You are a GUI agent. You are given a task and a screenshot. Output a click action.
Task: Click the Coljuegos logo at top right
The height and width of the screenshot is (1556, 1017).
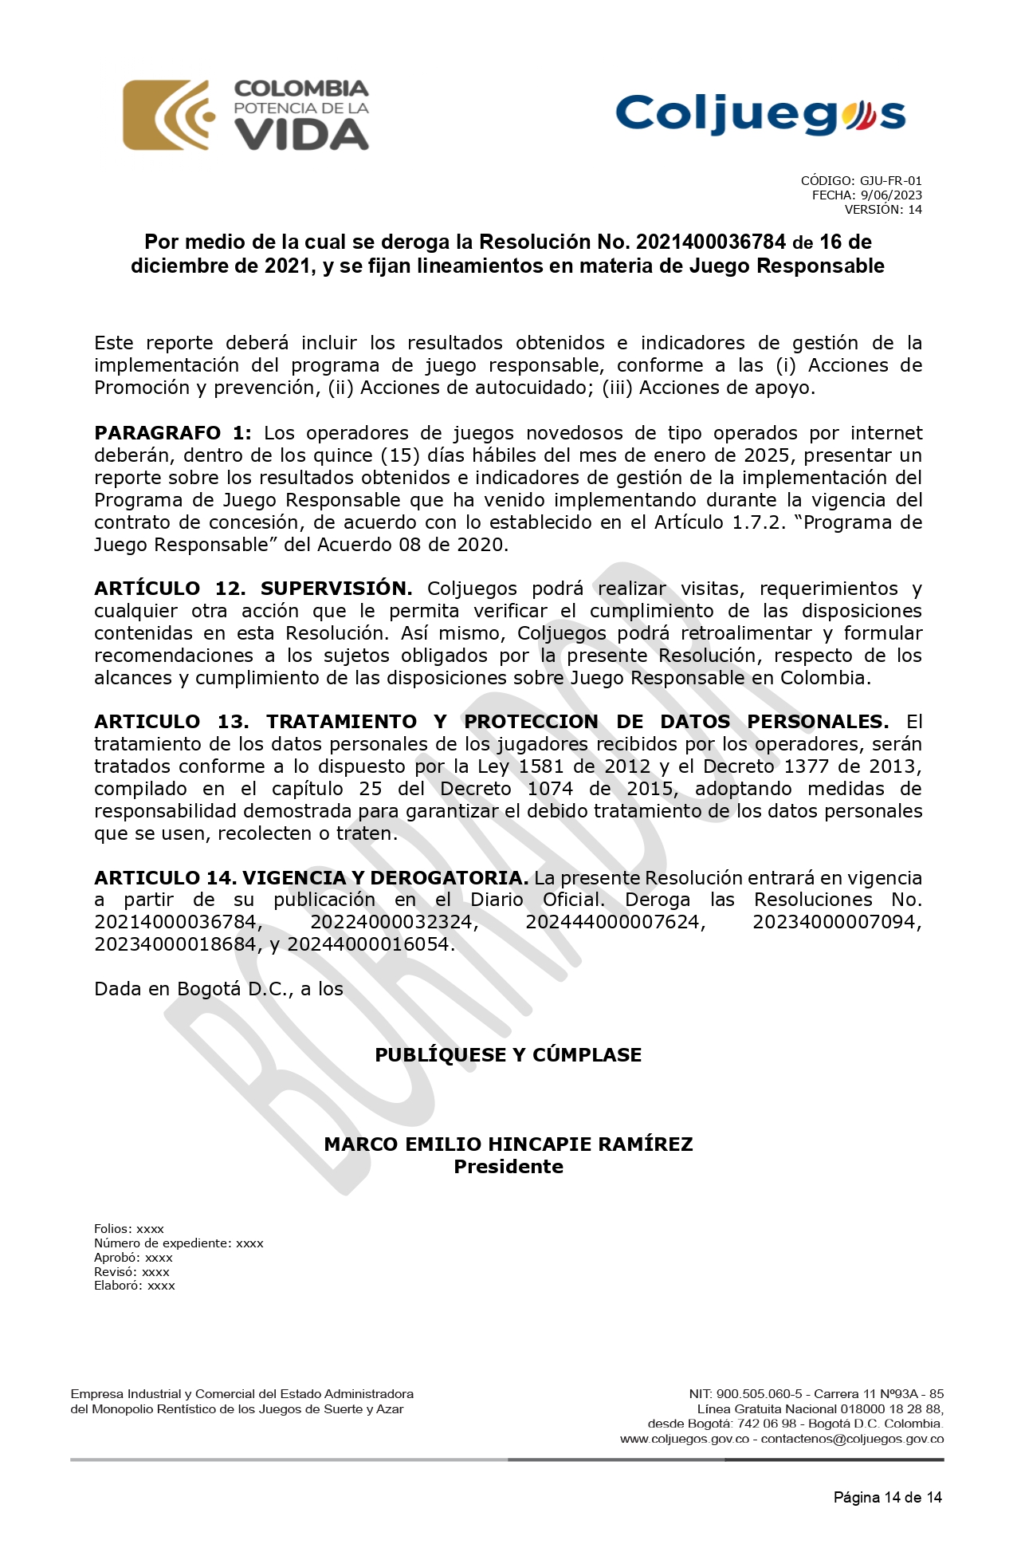click(x=760, y=115)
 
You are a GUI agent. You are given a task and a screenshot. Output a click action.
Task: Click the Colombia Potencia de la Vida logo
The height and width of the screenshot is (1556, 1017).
click(x=245, y=116)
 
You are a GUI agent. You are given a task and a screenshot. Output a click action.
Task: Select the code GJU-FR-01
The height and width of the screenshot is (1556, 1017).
click(x=890, y=181)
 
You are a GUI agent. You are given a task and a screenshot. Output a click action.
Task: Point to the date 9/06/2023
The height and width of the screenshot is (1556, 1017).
click(x=891, y=195)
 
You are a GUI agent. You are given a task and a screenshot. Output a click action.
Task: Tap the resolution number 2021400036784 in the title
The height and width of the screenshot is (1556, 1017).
click(x=711, y=242)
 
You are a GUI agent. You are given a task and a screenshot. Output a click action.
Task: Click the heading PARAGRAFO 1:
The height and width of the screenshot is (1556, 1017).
click(x=172, y=433)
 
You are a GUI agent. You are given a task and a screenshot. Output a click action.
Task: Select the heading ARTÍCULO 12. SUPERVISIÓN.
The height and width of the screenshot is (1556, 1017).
click(x=253, y=589)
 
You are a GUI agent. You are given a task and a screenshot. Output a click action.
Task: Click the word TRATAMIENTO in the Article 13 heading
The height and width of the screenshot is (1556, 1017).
click(x=341, y=722)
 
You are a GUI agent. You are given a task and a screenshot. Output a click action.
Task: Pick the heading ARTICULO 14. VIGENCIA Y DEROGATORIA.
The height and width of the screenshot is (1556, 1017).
click(x=311, y=878)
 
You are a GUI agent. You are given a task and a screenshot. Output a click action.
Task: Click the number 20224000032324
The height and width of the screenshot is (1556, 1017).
click(x=394, y=923)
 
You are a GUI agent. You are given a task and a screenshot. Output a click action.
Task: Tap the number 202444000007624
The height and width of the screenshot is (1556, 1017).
click(x=615, y=923)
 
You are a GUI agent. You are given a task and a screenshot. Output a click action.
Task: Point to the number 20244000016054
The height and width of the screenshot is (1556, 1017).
click(x=371, y=945)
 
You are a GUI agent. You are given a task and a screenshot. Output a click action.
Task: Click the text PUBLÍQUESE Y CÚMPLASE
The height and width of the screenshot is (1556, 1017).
click(x=508, y=1055)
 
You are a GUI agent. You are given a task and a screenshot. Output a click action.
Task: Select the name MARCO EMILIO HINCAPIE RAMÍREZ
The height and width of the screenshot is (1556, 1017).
click(x=508, y=1144)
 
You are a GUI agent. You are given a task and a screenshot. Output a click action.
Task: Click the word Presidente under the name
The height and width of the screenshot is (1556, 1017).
click(x=508, y=1167)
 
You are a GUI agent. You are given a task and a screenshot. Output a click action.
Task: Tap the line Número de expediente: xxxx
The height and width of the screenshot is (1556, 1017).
click(x=179, y=1243)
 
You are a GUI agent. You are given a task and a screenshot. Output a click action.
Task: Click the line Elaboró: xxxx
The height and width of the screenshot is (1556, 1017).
click(x=135, y=1286)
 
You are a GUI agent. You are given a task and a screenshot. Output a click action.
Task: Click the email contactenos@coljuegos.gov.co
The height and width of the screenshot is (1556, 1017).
click(x=852, y=1440)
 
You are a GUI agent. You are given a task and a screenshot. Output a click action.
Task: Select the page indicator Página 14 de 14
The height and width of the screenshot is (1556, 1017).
click(x=887, y=1498)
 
